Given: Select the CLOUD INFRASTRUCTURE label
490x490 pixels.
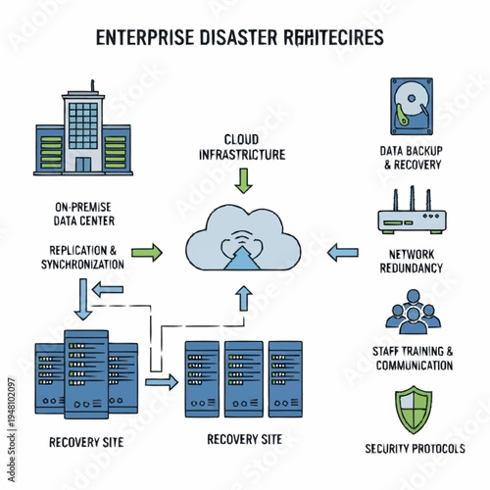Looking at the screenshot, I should click(241, 147).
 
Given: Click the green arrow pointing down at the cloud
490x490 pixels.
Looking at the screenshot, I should click(245, 180).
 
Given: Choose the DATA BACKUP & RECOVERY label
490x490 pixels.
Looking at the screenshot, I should click(412, 157).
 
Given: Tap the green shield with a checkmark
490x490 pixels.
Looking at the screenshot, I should click(412, 412).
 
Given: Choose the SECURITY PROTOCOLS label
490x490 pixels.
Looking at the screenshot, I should click(412, 448).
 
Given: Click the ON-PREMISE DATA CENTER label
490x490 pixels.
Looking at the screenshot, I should click(82, 213).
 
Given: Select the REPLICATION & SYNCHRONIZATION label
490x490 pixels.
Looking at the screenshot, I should click(82, 257).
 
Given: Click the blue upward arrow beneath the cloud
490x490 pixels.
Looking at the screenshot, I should click(245, 300).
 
